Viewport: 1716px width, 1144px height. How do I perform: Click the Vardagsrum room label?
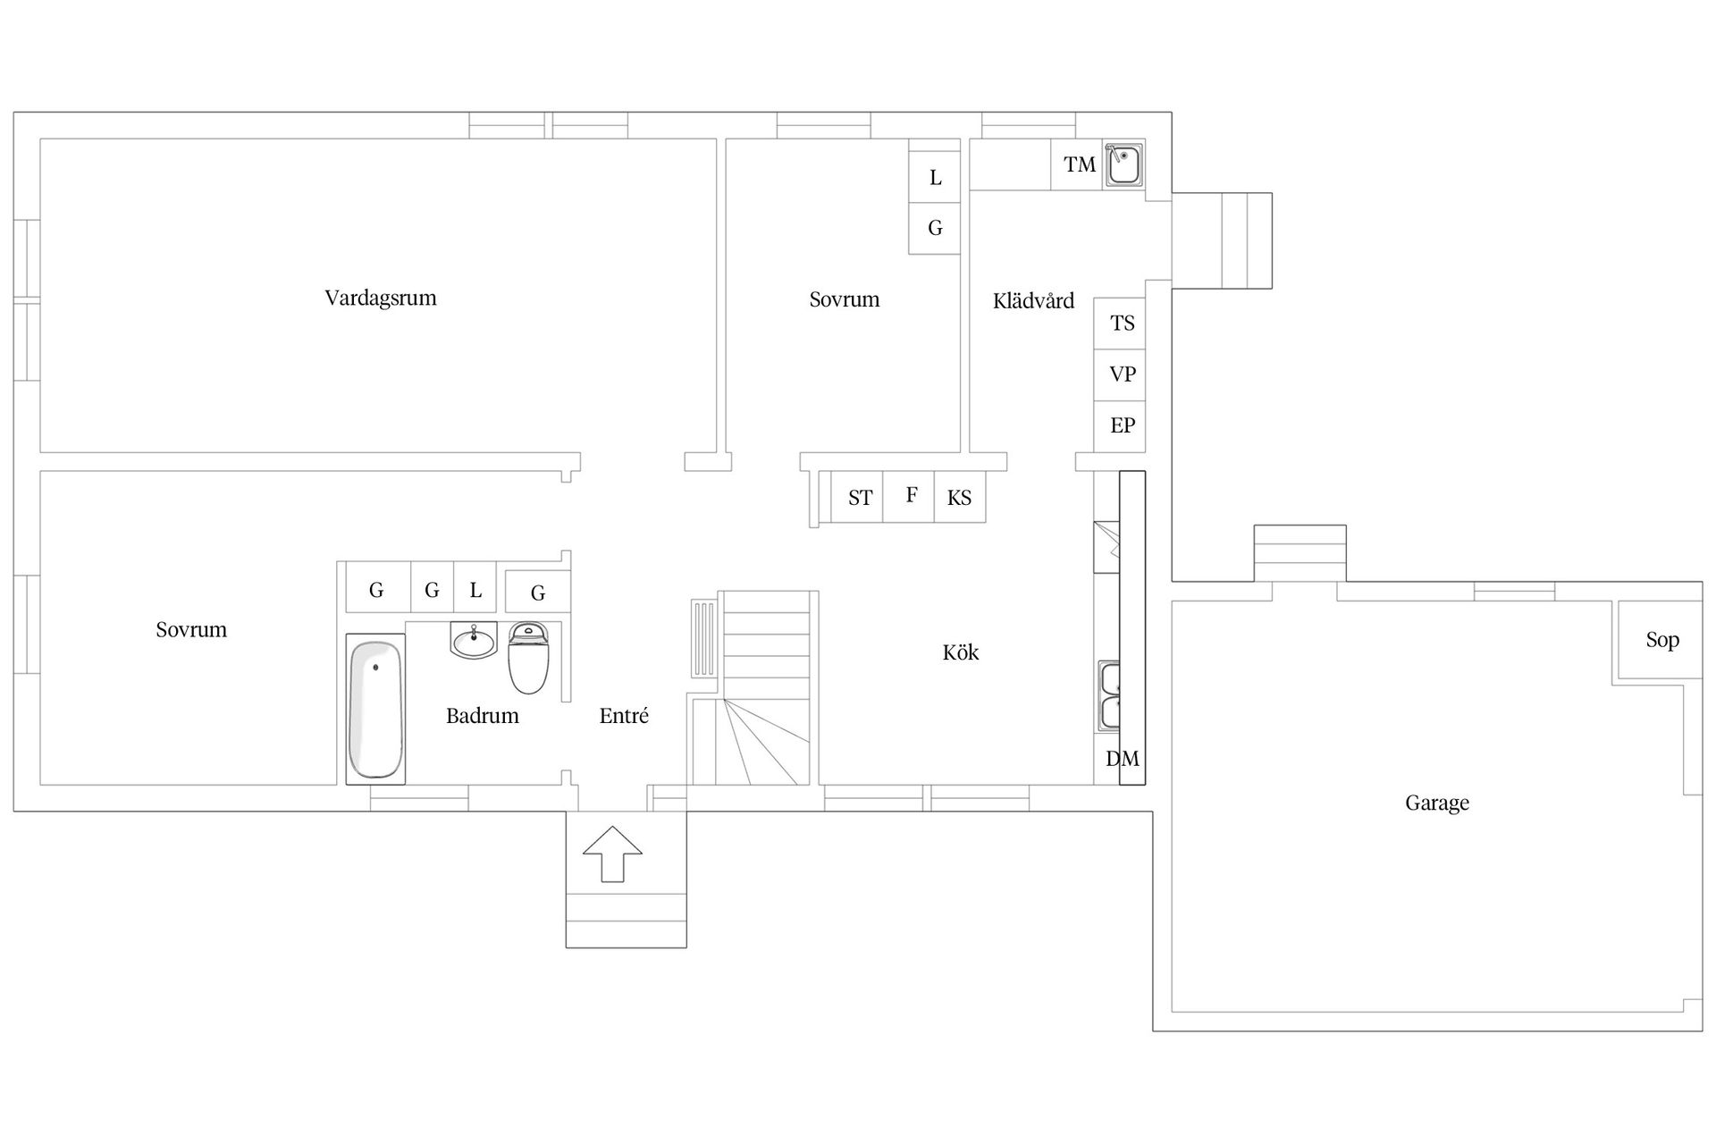click(x=381, y=298)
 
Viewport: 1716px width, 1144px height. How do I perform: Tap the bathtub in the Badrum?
click(x=375, y=709)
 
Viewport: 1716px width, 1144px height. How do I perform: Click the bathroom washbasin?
click(x=473, y=641)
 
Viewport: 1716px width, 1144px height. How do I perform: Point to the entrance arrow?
click(x=612, y=854)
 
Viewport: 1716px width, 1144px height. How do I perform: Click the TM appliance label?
click(x=1080, y=164)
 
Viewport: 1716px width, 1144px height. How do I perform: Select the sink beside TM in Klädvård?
click(x=1123, y=165)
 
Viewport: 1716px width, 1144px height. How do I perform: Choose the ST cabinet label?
click(x=859, y=498)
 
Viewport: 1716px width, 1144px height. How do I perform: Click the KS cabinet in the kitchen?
click(x=960, y=498)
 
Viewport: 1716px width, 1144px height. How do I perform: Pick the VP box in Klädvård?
click(x=1121, y=374)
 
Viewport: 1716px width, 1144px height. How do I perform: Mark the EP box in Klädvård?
click(x=1121, y=425)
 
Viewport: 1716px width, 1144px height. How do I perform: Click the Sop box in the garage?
click(x=1661, y=640)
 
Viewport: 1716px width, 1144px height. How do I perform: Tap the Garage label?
click(x=1436, y=803)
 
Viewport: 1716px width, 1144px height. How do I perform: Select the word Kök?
click(x=961, y=652)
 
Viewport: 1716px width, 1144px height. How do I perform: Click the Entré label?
click(x=624, y=716)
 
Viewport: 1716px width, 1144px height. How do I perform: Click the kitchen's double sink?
click(x=1109, y=696)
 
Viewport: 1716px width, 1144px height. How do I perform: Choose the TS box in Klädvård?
click(x=1121, y=324)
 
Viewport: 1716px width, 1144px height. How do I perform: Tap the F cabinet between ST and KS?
click(x=910, y=496)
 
